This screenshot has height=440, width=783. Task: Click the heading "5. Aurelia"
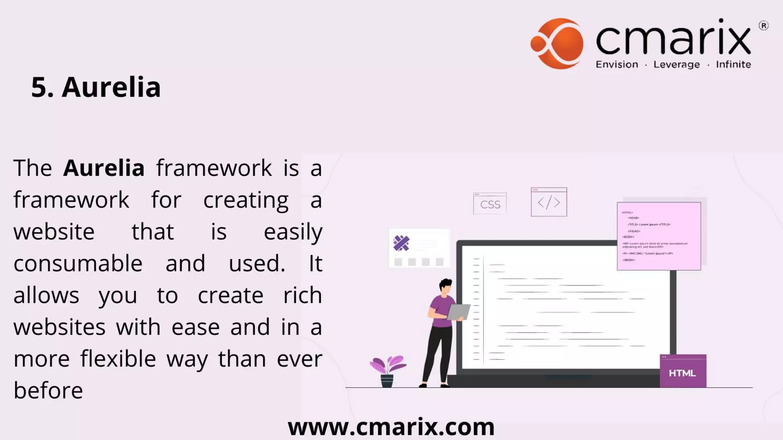click(x=96, y=87)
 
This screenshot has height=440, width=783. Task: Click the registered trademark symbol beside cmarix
click(x=763, y=26)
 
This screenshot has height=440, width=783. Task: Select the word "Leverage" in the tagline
click(x=676, y=65)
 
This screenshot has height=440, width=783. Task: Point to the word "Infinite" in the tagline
click(x=733, y=65)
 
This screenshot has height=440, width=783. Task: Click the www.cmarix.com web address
click(x=391, y=427)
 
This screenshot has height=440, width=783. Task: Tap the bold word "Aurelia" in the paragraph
click(x=104, y=168)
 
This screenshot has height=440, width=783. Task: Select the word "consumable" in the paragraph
click(x=78, y=264)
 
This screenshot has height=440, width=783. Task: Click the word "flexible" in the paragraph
click(x=118, y=359)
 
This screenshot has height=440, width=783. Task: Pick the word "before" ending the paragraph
click(x=48, y=391)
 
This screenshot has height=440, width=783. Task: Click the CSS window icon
click(x=490, y=204)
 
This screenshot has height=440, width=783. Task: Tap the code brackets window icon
click(x=549, y=202)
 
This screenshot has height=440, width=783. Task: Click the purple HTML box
click(x=683, y=371)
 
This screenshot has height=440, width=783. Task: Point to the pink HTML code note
click(x=659, y=236)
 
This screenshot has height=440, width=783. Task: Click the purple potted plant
click(x=388, y=370)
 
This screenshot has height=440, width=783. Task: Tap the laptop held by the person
click(x=458, y=312)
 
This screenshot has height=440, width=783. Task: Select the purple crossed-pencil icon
click(x=401, y=243)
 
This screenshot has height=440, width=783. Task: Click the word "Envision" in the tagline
click(x=617, y=65)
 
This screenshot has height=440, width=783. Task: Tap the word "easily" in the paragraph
click(x=293, y=232)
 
